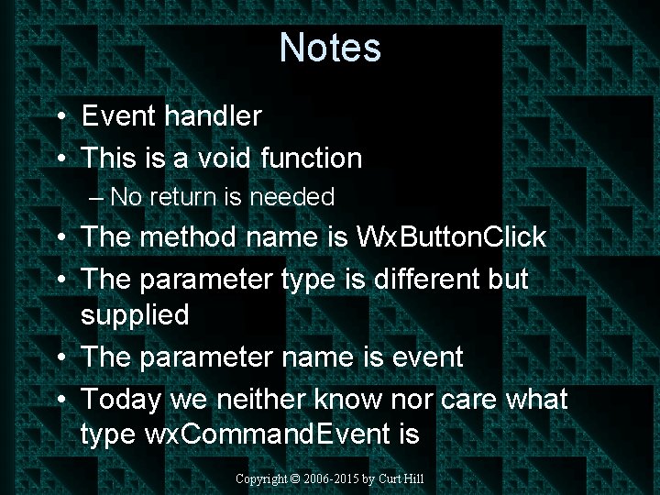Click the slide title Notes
click(330, 47)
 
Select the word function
click(312, 159)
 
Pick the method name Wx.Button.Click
click(450, 237)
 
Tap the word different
click(427, 279)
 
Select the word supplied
click(135, 315)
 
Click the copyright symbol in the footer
click(294, 479)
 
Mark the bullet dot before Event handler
click(59, 117)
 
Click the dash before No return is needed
click(98, 197)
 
